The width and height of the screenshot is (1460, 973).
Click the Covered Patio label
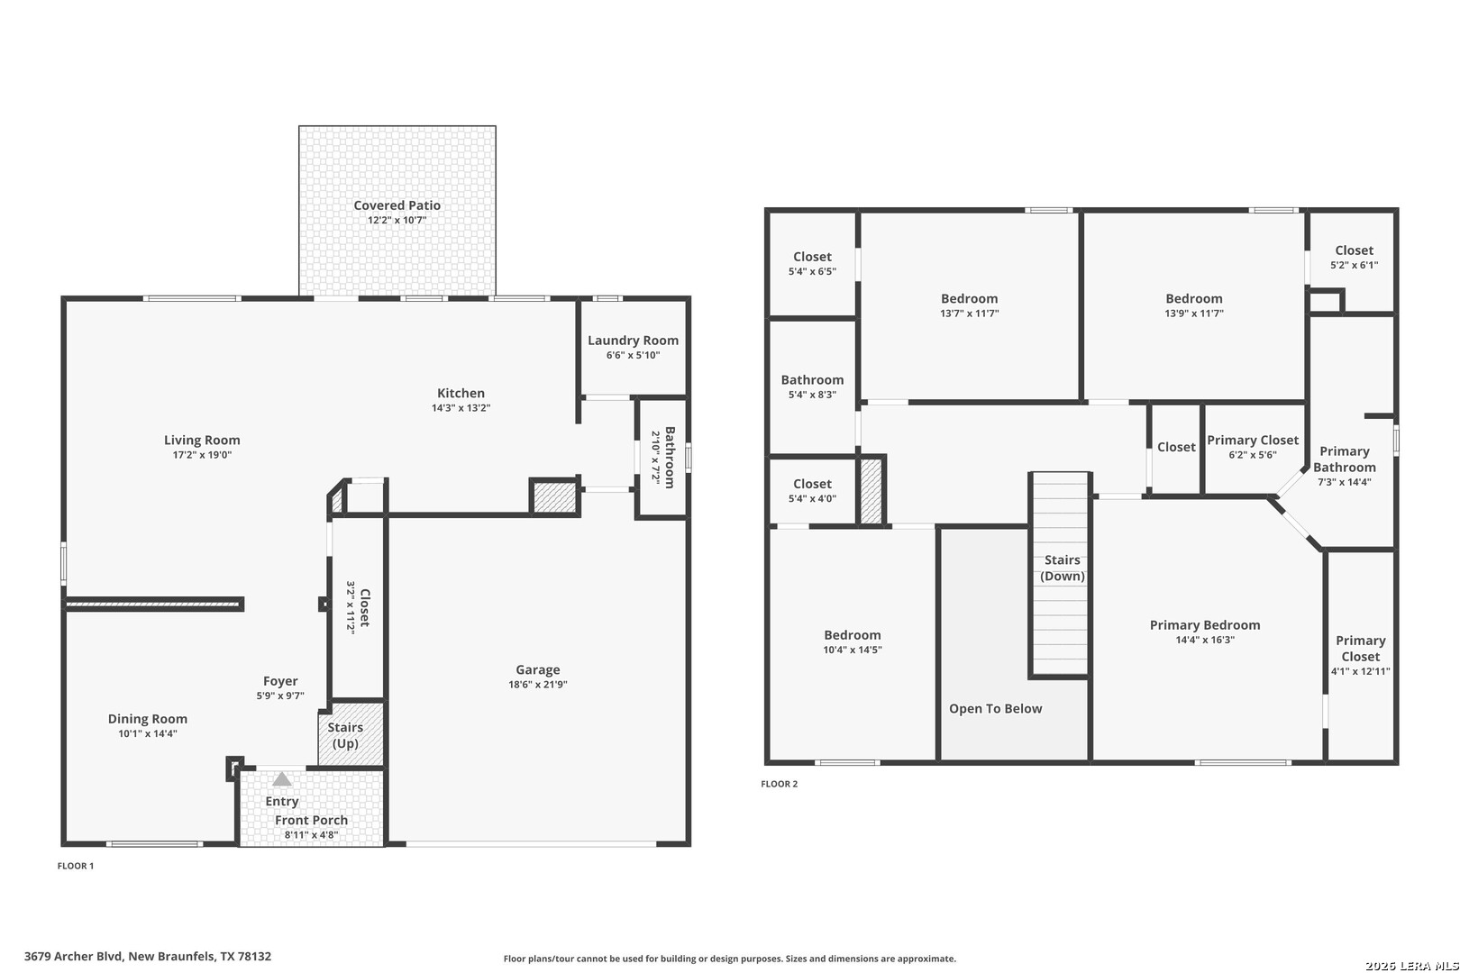pos(397,205)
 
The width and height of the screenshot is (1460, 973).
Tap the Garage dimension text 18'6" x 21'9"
pos(538,685)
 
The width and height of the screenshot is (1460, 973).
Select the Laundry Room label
pos(633,341)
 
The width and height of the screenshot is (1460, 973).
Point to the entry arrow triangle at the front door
pos(281,778)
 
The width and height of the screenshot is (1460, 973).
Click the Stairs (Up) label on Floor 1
pos(345,735)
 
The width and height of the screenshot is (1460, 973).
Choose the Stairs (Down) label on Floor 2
pos(1063,568)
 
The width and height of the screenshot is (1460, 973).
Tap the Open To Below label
pos(995,708)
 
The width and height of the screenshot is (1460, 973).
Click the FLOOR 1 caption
pos(76,866)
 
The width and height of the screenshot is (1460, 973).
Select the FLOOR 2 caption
pos(779,783)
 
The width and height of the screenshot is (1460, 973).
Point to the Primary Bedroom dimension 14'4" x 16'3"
pos(1204,640)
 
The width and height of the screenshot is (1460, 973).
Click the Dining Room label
pos(147,719)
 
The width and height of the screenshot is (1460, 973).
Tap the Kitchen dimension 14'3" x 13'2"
pos(461,408)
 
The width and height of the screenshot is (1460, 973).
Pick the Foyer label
pos(280,681)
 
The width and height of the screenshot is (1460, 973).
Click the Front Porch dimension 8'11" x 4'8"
pos(311,835)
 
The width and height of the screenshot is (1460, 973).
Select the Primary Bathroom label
pos(1344,459)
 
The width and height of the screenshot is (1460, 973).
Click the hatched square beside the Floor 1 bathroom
pos(554,497)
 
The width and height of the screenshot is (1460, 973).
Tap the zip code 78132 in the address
pos(255,956)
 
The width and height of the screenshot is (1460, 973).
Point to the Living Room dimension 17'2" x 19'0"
pos(202,455)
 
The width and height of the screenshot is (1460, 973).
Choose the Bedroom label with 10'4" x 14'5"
pos(852,635)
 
